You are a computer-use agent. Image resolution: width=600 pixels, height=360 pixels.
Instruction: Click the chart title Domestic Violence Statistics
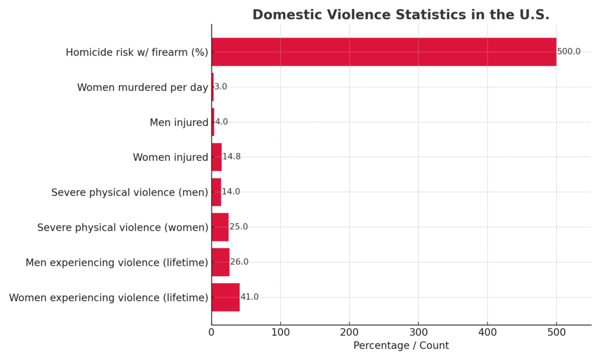401,15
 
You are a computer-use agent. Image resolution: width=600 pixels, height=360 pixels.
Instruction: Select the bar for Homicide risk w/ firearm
384,52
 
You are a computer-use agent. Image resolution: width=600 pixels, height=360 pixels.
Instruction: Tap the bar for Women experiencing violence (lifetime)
226,297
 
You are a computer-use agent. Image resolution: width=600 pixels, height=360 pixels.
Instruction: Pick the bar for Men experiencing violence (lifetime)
220,262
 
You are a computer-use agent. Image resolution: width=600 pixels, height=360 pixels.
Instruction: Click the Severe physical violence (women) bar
220,227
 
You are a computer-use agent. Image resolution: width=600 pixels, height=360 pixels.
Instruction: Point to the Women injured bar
216,157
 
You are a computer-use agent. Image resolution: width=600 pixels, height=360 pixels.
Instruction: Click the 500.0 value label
568,52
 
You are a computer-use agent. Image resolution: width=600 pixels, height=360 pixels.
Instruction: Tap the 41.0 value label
249,297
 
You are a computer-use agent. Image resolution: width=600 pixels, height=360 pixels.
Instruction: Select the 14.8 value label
231,157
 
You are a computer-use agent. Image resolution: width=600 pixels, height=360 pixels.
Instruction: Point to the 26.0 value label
239,262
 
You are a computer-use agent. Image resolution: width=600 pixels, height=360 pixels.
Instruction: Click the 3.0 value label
220,87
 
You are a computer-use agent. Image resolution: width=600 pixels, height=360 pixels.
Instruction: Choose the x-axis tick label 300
418,333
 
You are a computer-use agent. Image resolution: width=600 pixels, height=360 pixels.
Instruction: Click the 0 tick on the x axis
212,333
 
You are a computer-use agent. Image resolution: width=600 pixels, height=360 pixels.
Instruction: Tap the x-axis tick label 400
487,333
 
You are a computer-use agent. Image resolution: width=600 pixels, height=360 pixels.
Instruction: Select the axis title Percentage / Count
401,346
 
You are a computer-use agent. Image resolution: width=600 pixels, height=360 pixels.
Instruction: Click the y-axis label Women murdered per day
142,87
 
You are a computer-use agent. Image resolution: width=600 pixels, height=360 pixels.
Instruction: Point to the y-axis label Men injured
179,123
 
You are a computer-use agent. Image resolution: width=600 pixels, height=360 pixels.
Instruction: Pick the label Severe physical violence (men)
129,192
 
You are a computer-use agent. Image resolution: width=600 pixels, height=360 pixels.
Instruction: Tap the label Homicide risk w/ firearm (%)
137,52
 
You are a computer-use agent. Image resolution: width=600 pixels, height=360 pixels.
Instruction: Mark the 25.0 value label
238,227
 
